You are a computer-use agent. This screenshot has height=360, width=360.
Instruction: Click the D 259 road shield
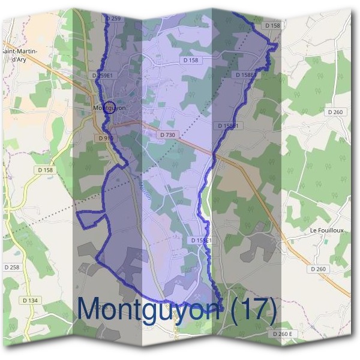(113, 19)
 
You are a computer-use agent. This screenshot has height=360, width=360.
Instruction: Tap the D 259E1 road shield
(103, 75)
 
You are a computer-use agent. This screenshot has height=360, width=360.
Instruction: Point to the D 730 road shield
(168, 136)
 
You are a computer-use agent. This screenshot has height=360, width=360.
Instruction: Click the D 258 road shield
(12, 266)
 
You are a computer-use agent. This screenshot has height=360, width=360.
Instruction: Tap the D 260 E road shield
(281, 334)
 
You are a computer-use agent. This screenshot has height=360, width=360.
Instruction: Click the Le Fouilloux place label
(326, 230)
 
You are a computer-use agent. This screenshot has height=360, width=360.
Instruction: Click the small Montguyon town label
(109, 108)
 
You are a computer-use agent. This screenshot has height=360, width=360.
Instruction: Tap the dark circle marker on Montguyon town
(109, 108)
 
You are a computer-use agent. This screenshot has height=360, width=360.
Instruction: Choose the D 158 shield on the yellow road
(45, 170)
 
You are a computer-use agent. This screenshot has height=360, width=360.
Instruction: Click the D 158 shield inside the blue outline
(191, 61)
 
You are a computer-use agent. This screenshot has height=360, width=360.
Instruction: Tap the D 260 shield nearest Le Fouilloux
(319, 269)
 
